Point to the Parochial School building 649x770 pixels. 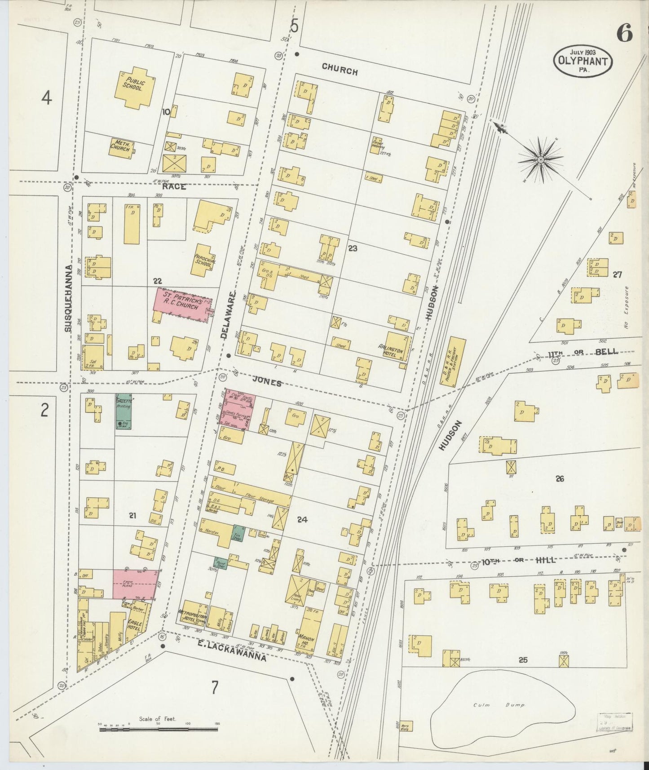[x=203, y=261]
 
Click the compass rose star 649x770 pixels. [x=541, y=159]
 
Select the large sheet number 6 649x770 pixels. [x=624, y=33]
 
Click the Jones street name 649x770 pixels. [x=267, y=383]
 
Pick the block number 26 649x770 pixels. [x=559, y=479]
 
